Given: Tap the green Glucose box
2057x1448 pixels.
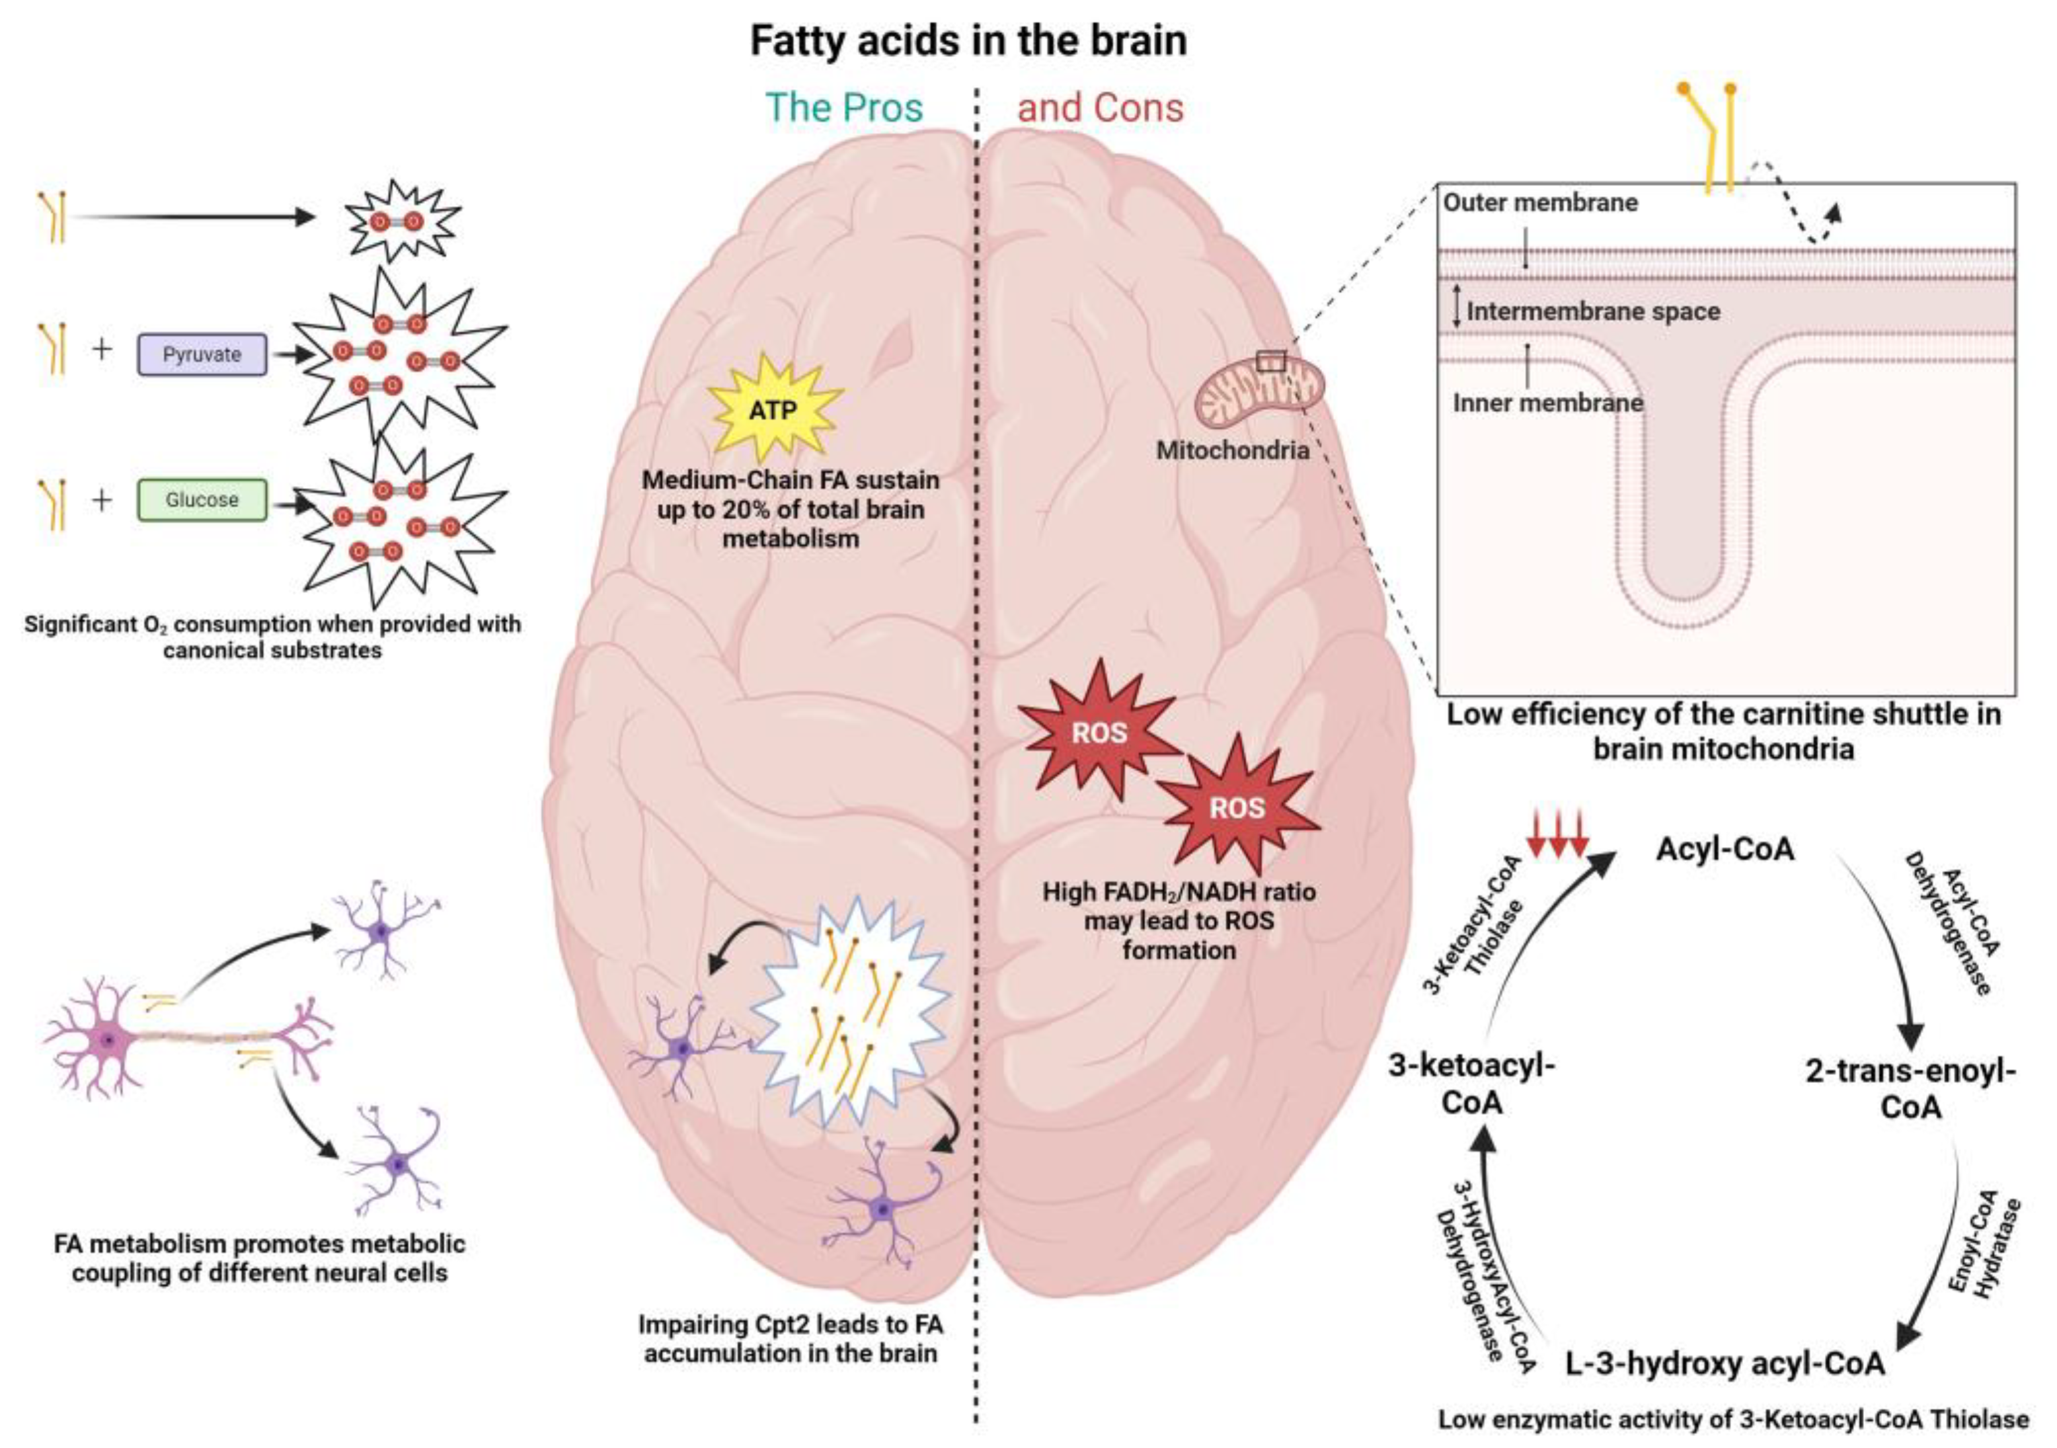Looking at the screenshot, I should [x=202, y=499].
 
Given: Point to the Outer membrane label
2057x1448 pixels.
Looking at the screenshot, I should [x=1540, y=202].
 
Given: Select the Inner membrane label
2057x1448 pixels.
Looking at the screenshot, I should [x=1547, y=403].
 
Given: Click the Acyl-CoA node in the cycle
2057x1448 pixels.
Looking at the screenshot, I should [x=1725, y=848].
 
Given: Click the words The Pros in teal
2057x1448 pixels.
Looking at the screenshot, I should [x=844, y=108].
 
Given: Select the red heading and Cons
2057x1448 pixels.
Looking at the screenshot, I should [x=1100, y=108].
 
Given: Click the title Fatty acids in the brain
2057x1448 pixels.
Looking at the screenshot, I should [x=968, y=40].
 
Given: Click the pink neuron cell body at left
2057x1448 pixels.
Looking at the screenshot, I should [x=108, y=1040].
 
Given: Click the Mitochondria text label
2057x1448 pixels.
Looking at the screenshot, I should [x=1233, y=450].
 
